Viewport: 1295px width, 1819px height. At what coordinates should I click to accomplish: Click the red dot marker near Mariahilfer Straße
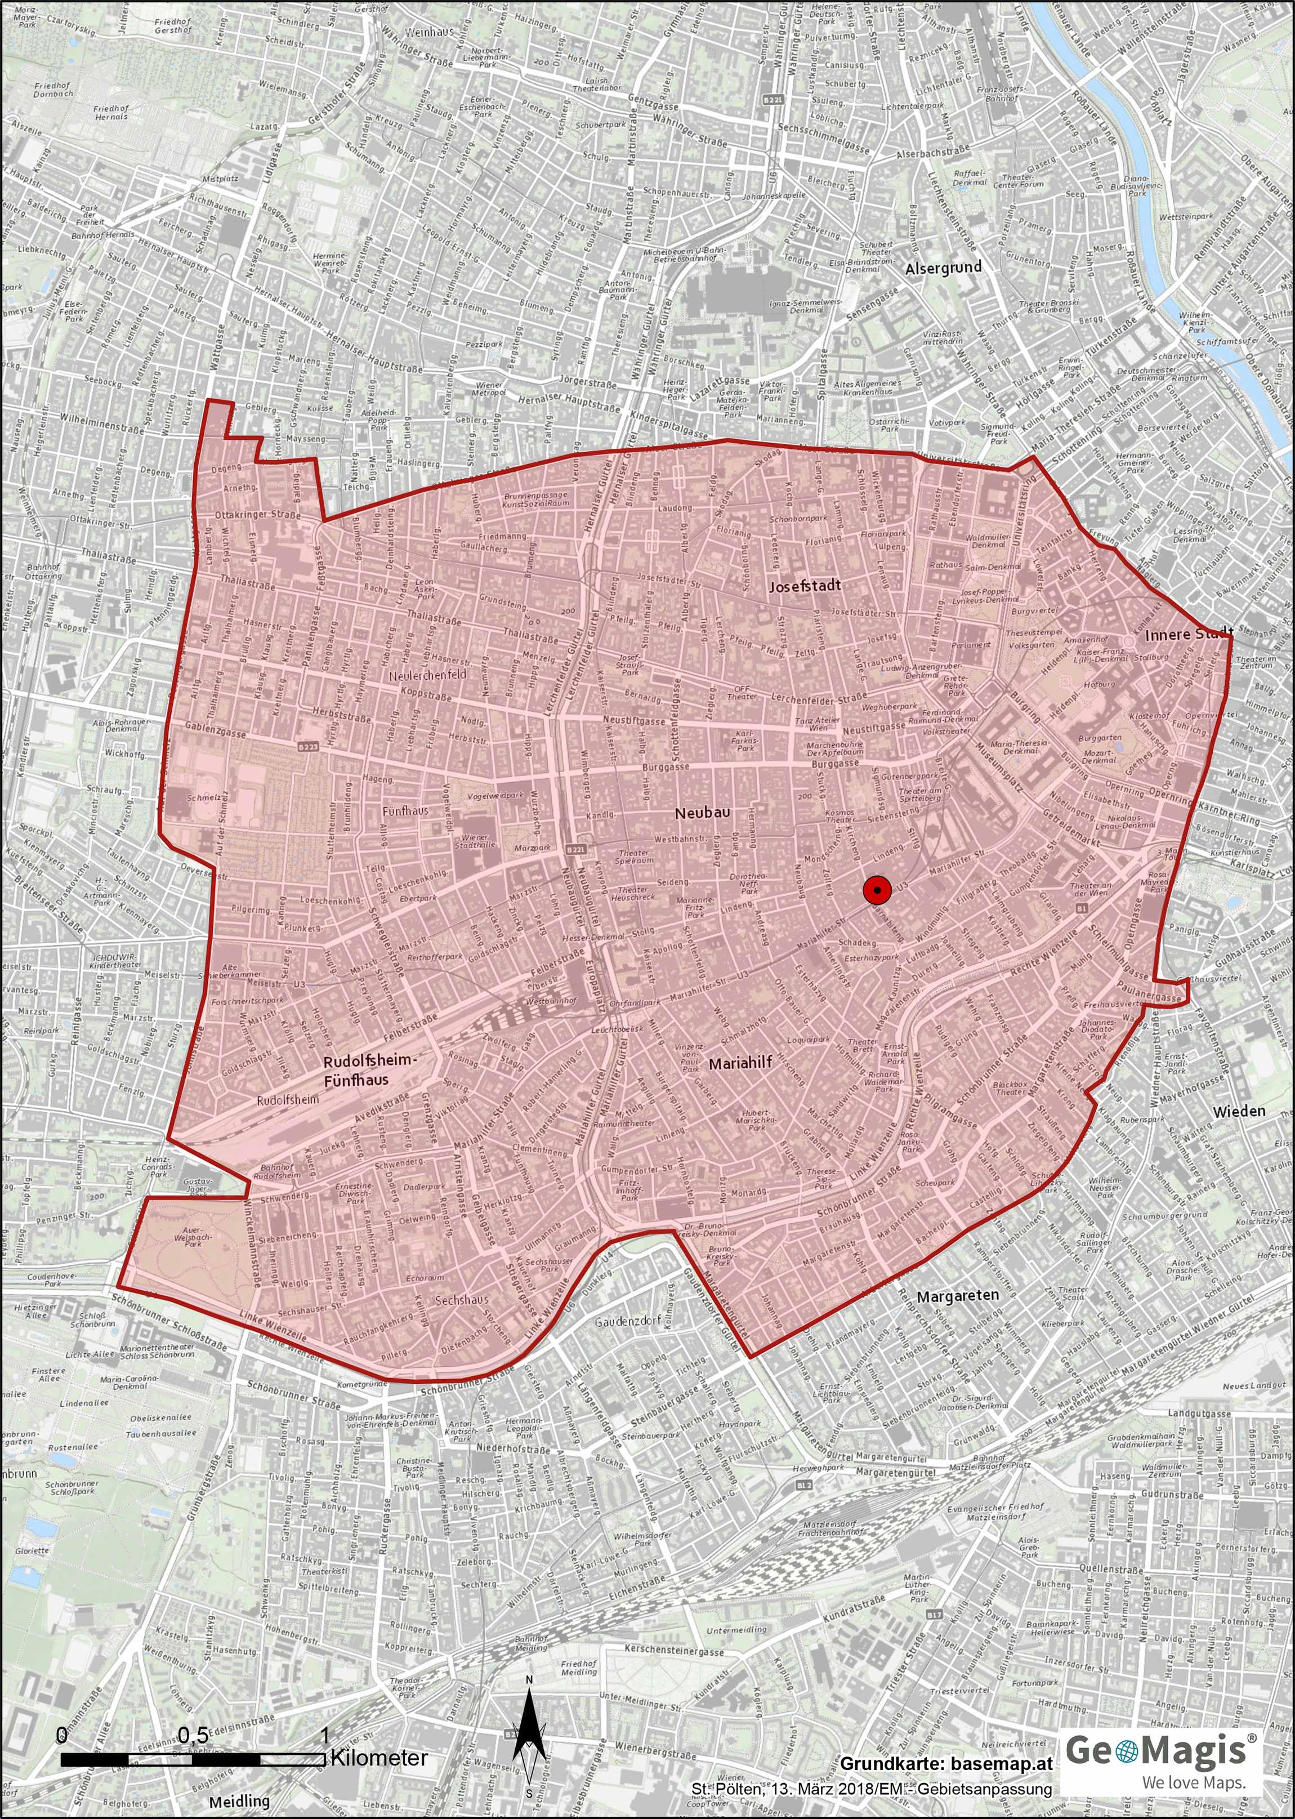click(876, 889)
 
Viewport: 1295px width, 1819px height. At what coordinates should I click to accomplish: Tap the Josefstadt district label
click(805, 586)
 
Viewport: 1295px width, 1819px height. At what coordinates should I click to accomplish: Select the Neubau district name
click(703, 813)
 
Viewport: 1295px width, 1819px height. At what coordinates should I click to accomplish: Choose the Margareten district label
click(957, 1296)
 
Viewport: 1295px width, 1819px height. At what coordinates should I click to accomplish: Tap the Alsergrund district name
click(943, 269)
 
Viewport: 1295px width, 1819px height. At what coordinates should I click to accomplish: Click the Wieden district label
click(1239, 1111)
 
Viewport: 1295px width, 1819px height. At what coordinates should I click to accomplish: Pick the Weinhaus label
click(429, 33)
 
